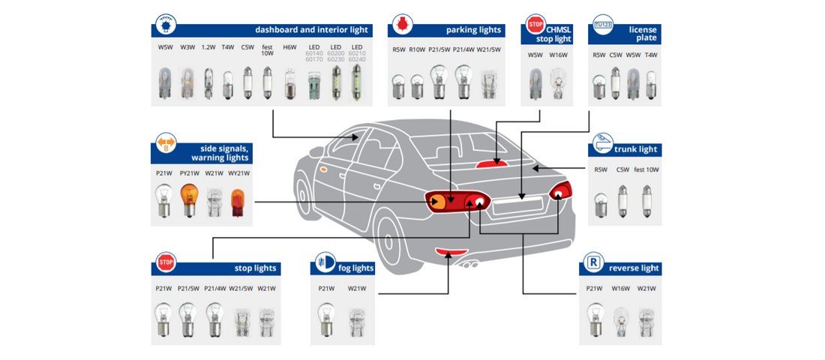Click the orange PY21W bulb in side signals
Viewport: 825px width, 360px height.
click(x=188, y=200)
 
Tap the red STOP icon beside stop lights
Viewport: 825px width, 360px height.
click(x=166, y=263)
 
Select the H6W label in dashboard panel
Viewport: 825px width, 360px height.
click(x=289, y=47)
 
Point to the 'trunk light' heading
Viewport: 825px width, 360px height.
click(x=635, y=149)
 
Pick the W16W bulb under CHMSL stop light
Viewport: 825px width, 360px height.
click(x=556, y=84)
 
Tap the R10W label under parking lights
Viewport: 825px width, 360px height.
click(x=417, y=49)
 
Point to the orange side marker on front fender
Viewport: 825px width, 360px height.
click(x=321, y=169)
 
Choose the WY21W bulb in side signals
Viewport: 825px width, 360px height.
click(x=237, y=202)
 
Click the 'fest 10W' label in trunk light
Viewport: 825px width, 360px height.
click(x=646, y=170)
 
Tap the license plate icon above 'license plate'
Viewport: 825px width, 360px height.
click(x=602, y=24)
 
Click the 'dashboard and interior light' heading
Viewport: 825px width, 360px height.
click(x=311, y=30)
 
